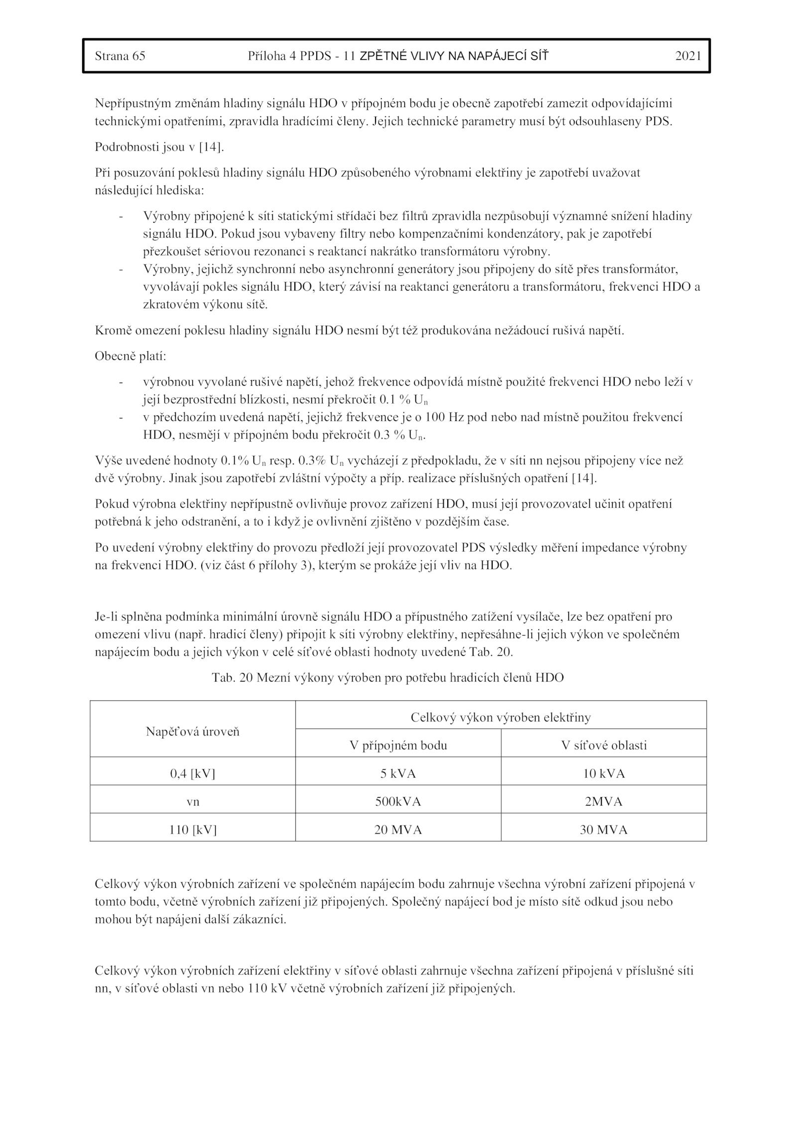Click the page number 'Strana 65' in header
[120, 56]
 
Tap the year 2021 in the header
[688, 56]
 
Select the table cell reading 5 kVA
[398, 773]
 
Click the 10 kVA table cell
[603, 773]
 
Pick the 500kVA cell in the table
[398, 801]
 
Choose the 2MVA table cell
[603, 801]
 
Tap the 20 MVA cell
[398, 830]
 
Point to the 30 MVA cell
[603, 830]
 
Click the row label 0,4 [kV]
[192, 773]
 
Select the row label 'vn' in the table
[192, 801]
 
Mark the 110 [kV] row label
[192, 830]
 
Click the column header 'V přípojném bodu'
[398, 745]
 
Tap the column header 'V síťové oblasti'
[603, 745]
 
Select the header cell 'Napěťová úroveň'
[192, 731]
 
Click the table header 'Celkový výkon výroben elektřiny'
[500, 717]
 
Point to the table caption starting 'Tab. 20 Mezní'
[388, 678]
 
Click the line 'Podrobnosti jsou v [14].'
[159, 147]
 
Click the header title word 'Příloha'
[266, 56]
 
